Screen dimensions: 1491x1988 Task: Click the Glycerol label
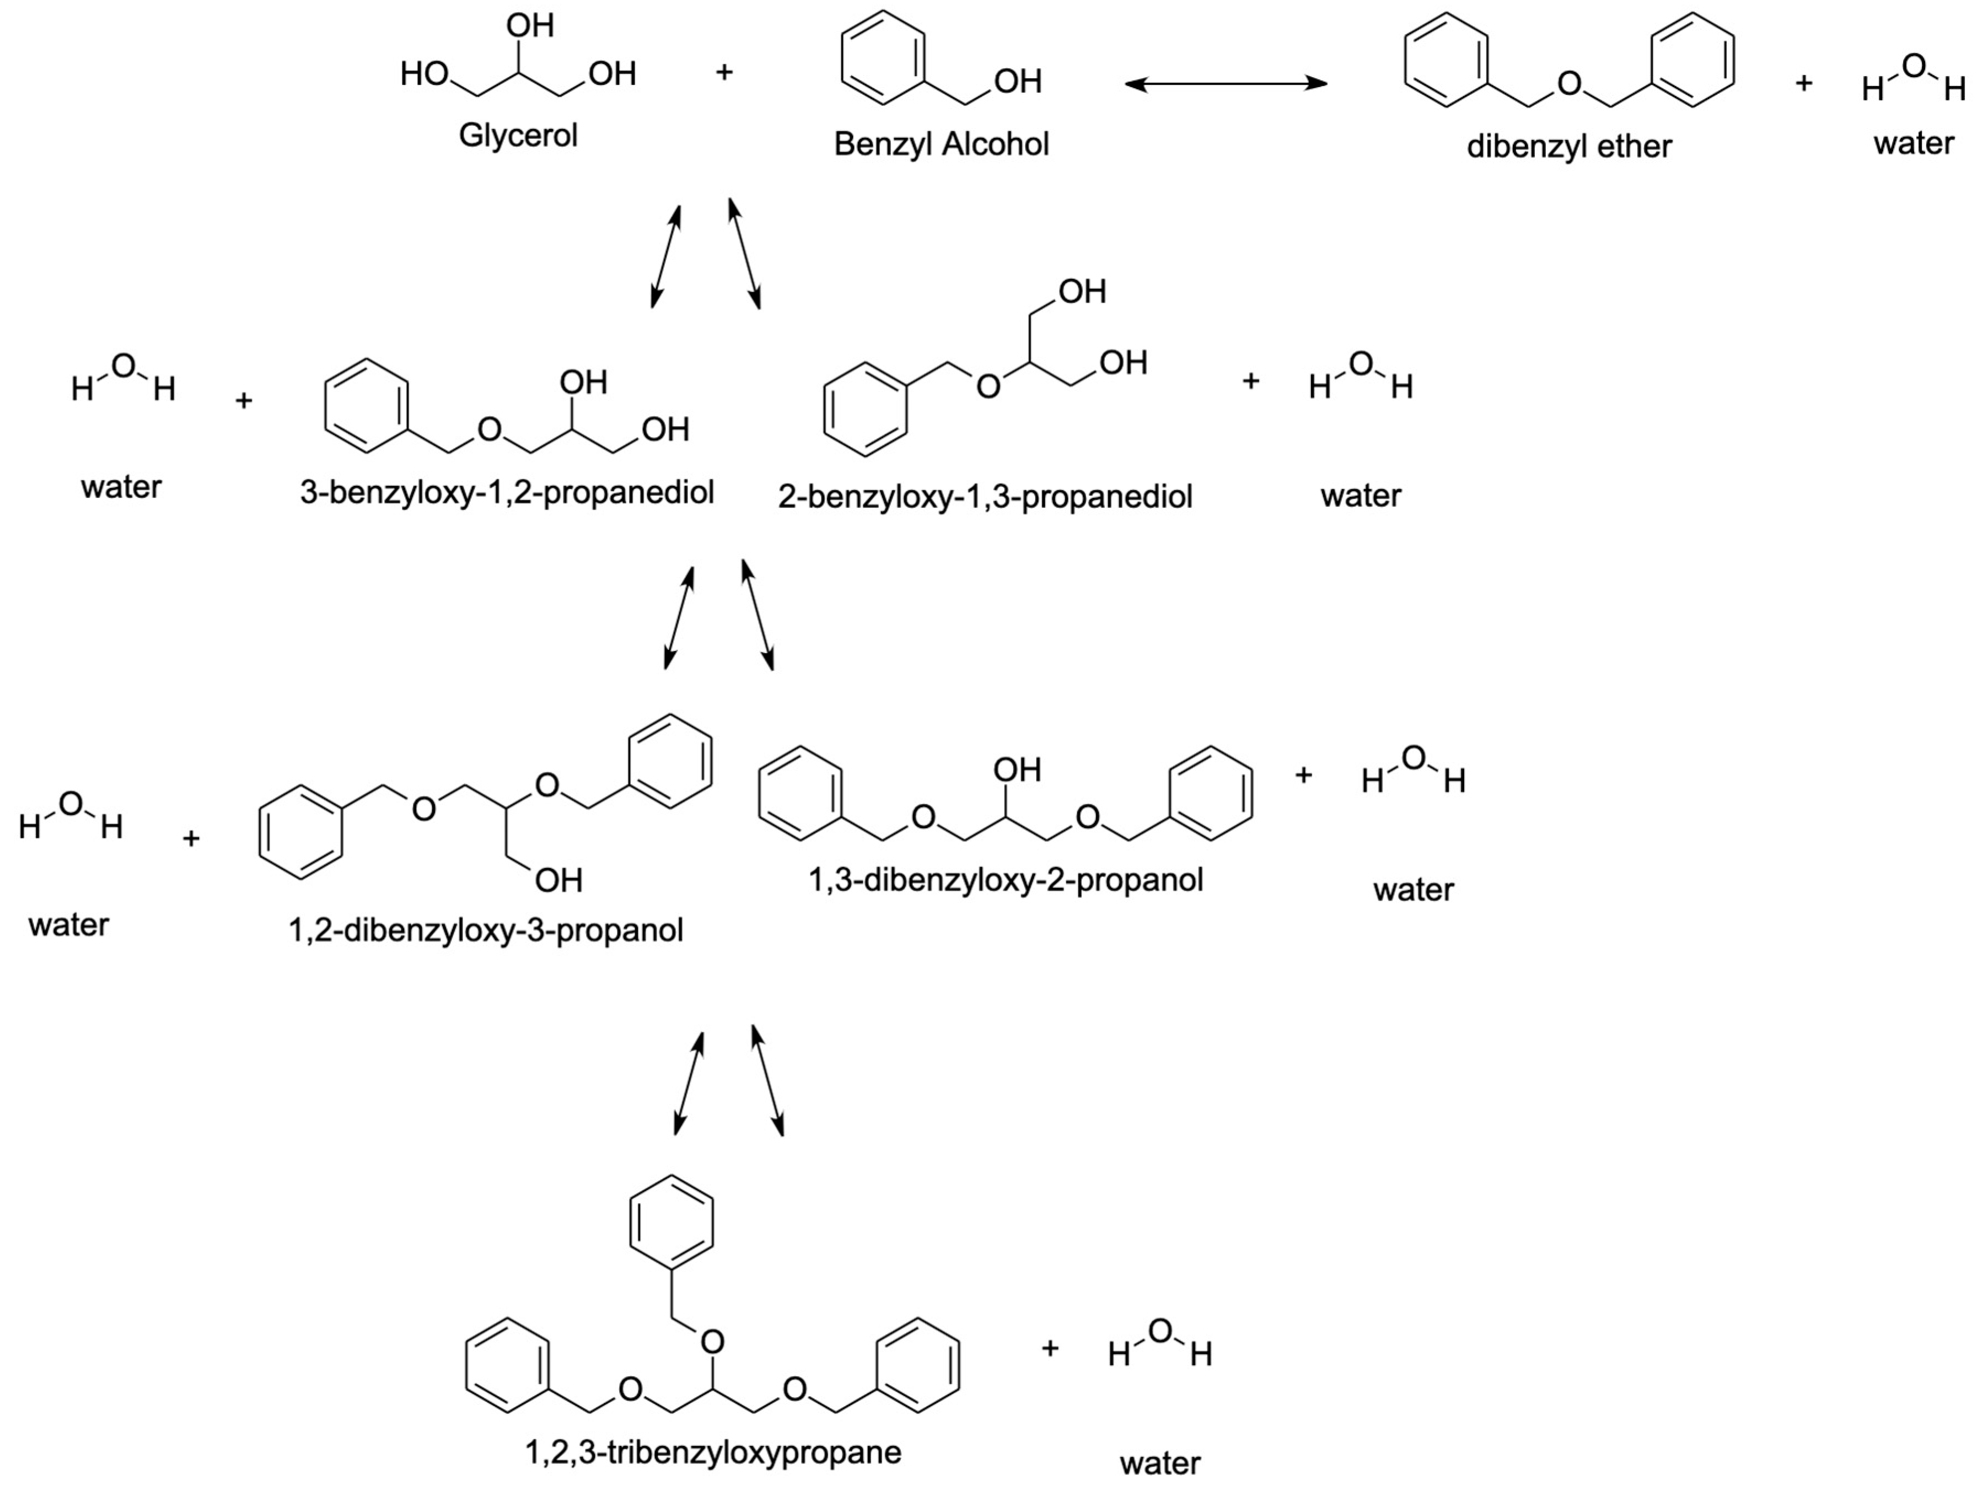[x=518, y=136]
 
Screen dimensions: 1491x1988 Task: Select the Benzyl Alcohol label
[x=941, y=144]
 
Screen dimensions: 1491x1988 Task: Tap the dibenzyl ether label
[x=1568, y=146]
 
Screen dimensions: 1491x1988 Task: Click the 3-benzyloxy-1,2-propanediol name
[x=507, y=493]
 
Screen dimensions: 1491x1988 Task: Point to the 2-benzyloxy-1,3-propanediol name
[x=985, y=496]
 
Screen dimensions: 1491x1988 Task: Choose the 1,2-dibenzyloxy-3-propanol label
[x=485, y=930]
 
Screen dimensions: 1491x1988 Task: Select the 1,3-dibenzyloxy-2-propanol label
[x=1005, y=880]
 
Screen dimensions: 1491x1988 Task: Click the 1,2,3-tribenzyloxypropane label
[x=713, y=1451]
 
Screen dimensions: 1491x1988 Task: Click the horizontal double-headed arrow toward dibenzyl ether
[x=1226, y=84]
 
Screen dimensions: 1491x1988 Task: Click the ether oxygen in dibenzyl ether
[x=1569, y=84]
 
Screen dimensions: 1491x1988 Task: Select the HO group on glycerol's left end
[x=424, y=74]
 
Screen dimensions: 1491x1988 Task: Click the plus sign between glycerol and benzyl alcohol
[x=724, y=72]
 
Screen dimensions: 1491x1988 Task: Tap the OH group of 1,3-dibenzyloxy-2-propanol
[x=1017, y=770]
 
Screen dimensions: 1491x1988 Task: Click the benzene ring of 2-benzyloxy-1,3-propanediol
[x=866, y=409]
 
